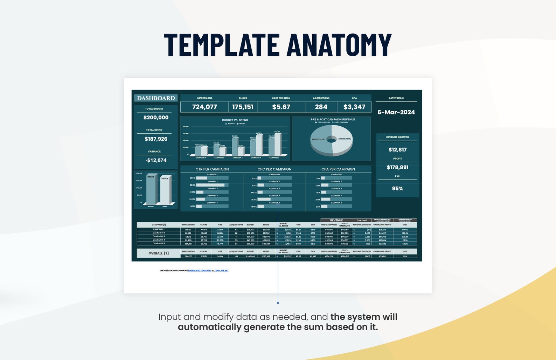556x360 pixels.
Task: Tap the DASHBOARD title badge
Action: click(x=156, y=98)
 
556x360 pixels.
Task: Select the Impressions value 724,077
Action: click(x=204, y=107)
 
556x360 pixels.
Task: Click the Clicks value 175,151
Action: click(x=243, y=107)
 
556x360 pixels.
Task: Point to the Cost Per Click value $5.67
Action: click(x=281, y=107)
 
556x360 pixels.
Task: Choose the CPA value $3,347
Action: click(x=354, y=107)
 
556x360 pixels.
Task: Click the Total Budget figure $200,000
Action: click(x=156, y=118)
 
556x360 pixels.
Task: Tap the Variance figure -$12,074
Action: click(x=156, y=161)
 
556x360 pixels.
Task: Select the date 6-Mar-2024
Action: click(x=396, y=112)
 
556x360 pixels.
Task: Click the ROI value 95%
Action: click(x=397, y=189)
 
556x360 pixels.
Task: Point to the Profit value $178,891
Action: click(x=397, y=168)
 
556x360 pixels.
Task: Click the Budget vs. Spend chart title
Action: click(x=235, y=120)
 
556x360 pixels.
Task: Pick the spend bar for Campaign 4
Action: click(x=259, y=145)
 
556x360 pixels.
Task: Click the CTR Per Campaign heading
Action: click(x=212, y=169)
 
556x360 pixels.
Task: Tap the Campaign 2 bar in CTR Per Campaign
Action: click(x=210, y=185)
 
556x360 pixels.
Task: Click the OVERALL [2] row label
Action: click(x=159, y=253)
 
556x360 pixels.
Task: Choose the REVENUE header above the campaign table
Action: click(x=336, y=220)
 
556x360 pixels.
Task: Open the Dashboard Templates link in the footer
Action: click(x=200, y=270)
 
